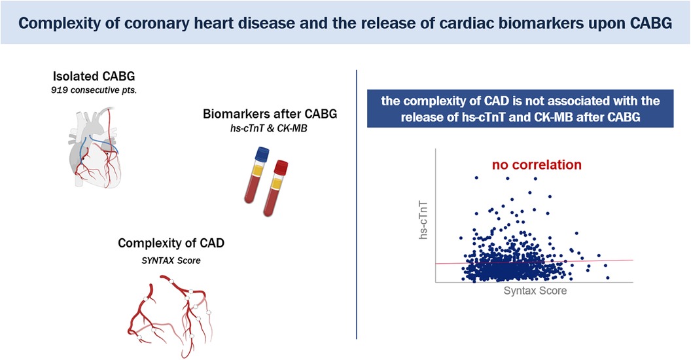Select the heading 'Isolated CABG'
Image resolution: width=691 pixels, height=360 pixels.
[x=94, y=76]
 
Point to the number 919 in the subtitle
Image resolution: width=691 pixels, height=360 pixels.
[x=60, y=91]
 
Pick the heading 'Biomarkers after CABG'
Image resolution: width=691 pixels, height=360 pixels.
[x=270, y=114]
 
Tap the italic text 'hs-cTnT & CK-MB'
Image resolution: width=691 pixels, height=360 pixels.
[x=268, y=129]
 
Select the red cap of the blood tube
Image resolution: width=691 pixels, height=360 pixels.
[x=281, y=168]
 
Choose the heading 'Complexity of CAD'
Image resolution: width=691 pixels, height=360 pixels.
[x=171, y=243]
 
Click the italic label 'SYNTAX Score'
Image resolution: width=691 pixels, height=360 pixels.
[x=171, y=261]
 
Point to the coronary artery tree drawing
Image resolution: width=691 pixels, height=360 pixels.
[x=169, y=315]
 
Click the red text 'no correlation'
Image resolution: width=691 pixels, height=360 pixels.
[x=537, y=165]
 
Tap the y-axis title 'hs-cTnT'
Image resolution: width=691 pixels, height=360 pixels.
[x=423, y=221]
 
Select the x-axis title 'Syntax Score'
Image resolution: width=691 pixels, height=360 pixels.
[x=535, y=291]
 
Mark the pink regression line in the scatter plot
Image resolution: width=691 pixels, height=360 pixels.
[x=534, y=262]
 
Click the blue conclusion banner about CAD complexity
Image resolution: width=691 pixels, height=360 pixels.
[x=520, y=109]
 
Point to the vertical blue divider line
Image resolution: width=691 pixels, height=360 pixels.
[x=356, y=204]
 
